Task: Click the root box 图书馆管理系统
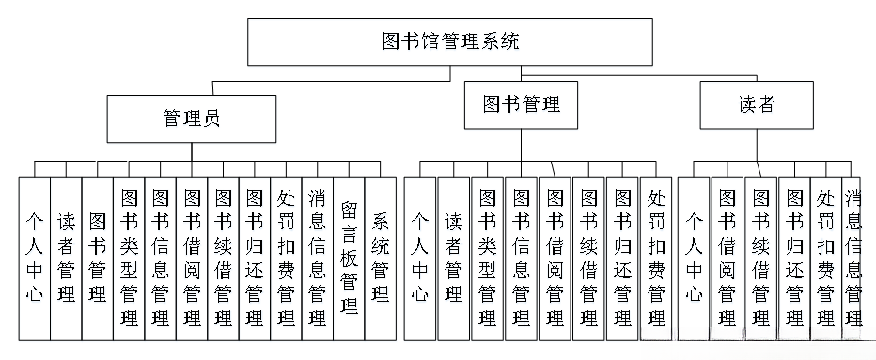450,42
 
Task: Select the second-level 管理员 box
191,119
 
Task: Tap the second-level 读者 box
756,104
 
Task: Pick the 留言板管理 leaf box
349,258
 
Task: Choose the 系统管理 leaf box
380,258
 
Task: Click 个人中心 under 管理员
34,258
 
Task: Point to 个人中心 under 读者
694,258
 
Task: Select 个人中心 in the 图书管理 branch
420,258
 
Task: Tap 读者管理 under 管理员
66,258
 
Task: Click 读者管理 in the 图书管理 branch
454,258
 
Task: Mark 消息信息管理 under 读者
853,258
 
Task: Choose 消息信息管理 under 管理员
317,258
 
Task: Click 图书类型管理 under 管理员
129,258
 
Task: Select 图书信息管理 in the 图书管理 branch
521,258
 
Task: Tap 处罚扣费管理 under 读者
825,258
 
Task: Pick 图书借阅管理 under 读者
727,258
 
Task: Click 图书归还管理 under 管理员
254,258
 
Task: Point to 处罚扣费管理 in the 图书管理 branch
656,258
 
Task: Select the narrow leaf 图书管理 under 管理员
97,258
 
